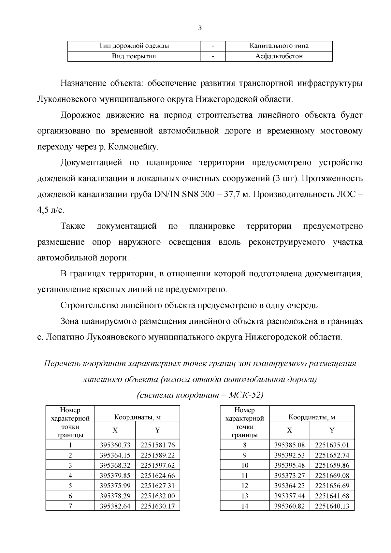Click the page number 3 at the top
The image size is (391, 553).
200,28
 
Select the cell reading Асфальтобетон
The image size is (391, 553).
279,56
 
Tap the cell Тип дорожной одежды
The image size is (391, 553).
134,46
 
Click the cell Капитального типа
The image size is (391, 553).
279,46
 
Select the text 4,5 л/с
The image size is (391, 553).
51,211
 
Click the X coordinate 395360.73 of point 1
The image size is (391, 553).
115,445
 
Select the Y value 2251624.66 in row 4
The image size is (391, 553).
157,475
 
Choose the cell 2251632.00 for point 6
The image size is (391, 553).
157,496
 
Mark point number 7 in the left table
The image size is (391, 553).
70,506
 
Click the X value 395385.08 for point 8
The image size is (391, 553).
289,445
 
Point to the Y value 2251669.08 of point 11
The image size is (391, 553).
332,475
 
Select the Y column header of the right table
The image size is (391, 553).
332,430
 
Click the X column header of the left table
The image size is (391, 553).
115,430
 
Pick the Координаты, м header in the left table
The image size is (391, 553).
137,417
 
